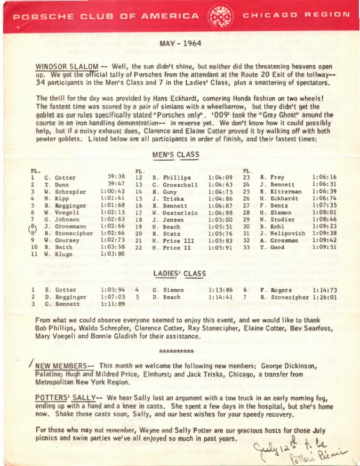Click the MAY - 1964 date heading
coord(180,43)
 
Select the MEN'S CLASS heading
coord(175,155)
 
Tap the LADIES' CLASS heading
coord(179,274)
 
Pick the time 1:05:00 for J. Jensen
coord(220,219)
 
